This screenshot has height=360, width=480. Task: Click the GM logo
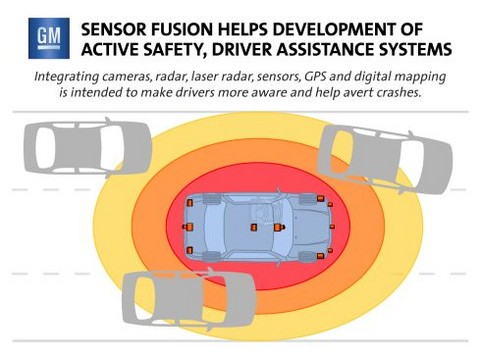pos(49,38)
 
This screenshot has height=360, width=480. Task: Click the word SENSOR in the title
pos(114,29)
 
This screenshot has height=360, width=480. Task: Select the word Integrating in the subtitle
pos(67,77)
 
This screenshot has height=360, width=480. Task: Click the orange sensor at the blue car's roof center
pos(254,227)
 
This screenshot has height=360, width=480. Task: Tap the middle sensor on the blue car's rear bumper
pos(188,227)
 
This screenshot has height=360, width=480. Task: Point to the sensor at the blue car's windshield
pos(279,227)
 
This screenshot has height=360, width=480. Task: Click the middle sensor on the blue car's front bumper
pos(332,227)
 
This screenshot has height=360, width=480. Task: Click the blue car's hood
pos(310,227)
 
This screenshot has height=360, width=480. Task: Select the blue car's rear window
pos(213,227)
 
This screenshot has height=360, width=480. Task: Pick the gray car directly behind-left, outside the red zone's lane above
pos(88,148)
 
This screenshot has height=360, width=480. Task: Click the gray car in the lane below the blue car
pos(189,299)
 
